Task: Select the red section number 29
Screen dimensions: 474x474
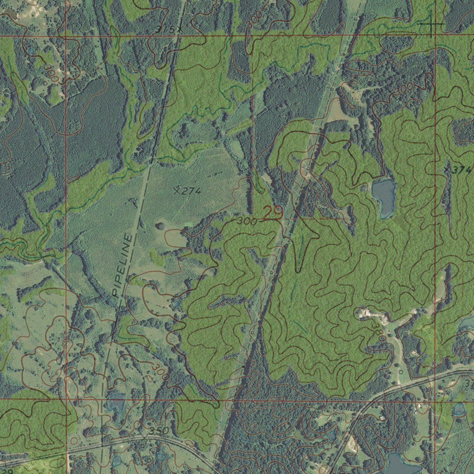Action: [273, 213]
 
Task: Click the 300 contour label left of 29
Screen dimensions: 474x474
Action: [247, 222]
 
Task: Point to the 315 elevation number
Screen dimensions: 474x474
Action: [166, 30]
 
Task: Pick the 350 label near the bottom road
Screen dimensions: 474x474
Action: [159, 431]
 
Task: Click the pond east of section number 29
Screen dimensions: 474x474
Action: [384, 197]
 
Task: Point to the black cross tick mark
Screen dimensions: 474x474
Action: [431, 23]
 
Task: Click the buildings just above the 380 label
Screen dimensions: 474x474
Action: [373, 314]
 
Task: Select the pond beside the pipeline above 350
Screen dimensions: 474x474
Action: [115, 404]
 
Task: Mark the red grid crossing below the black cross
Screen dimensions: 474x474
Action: [435, 35]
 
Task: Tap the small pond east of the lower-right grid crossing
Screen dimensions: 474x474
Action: [459, 409]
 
